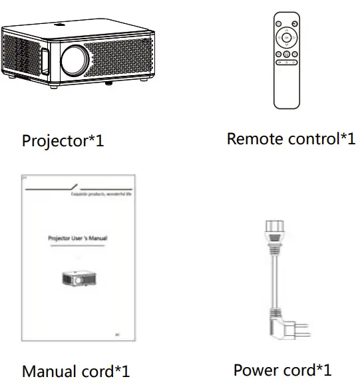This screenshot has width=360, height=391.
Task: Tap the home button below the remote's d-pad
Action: point(286,54)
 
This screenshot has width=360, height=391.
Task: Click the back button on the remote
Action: point(277,54)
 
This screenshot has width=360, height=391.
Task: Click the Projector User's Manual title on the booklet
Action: point(78,237)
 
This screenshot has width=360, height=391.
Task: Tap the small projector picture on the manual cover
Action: point(78,279)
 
